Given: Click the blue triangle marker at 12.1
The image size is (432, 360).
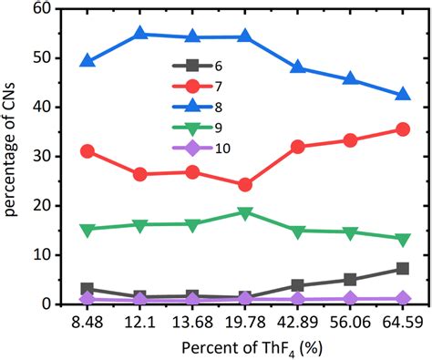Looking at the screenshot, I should [140, 35].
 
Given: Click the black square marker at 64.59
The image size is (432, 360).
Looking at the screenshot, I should [403, 269].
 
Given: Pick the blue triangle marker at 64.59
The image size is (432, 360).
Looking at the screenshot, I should [403, 94].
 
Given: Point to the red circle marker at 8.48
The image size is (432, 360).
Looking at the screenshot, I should [87, 151].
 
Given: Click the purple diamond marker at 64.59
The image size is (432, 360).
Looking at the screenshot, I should [403, 298].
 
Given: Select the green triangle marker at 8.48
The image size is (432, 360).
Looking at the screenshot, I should [87, 230].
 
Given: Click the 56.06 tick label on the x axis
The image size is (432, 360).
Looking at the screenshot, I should [350, 324].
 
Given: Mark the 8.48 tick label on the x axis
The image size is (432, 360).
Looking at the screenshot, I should [87, 324].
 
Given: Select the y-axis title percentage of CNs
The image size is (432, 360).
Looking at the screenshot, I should [13, 157].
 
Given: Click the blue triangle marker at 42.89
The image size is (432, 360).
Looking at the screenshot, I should [298, 67].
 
